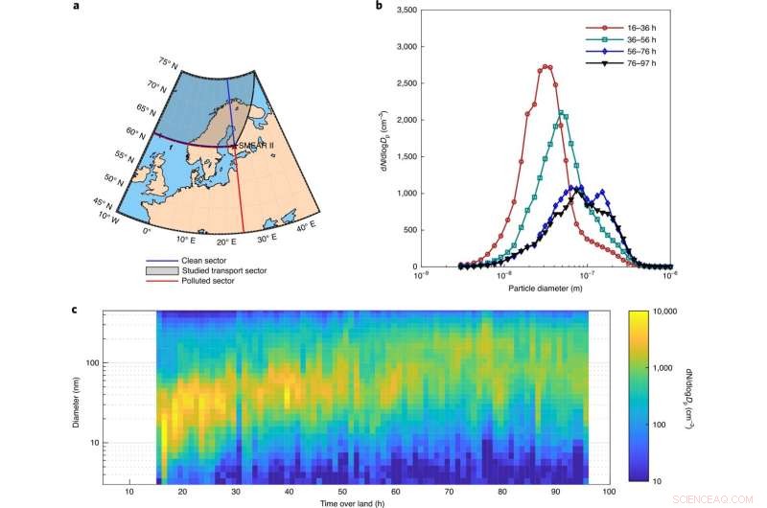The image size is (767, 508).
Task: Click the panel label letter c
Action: point(76,310)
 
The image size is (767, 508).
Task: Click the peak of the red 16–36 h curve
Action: point(546,67)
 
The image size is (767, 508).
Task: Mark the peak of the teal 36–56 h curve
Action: point(562,113)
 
